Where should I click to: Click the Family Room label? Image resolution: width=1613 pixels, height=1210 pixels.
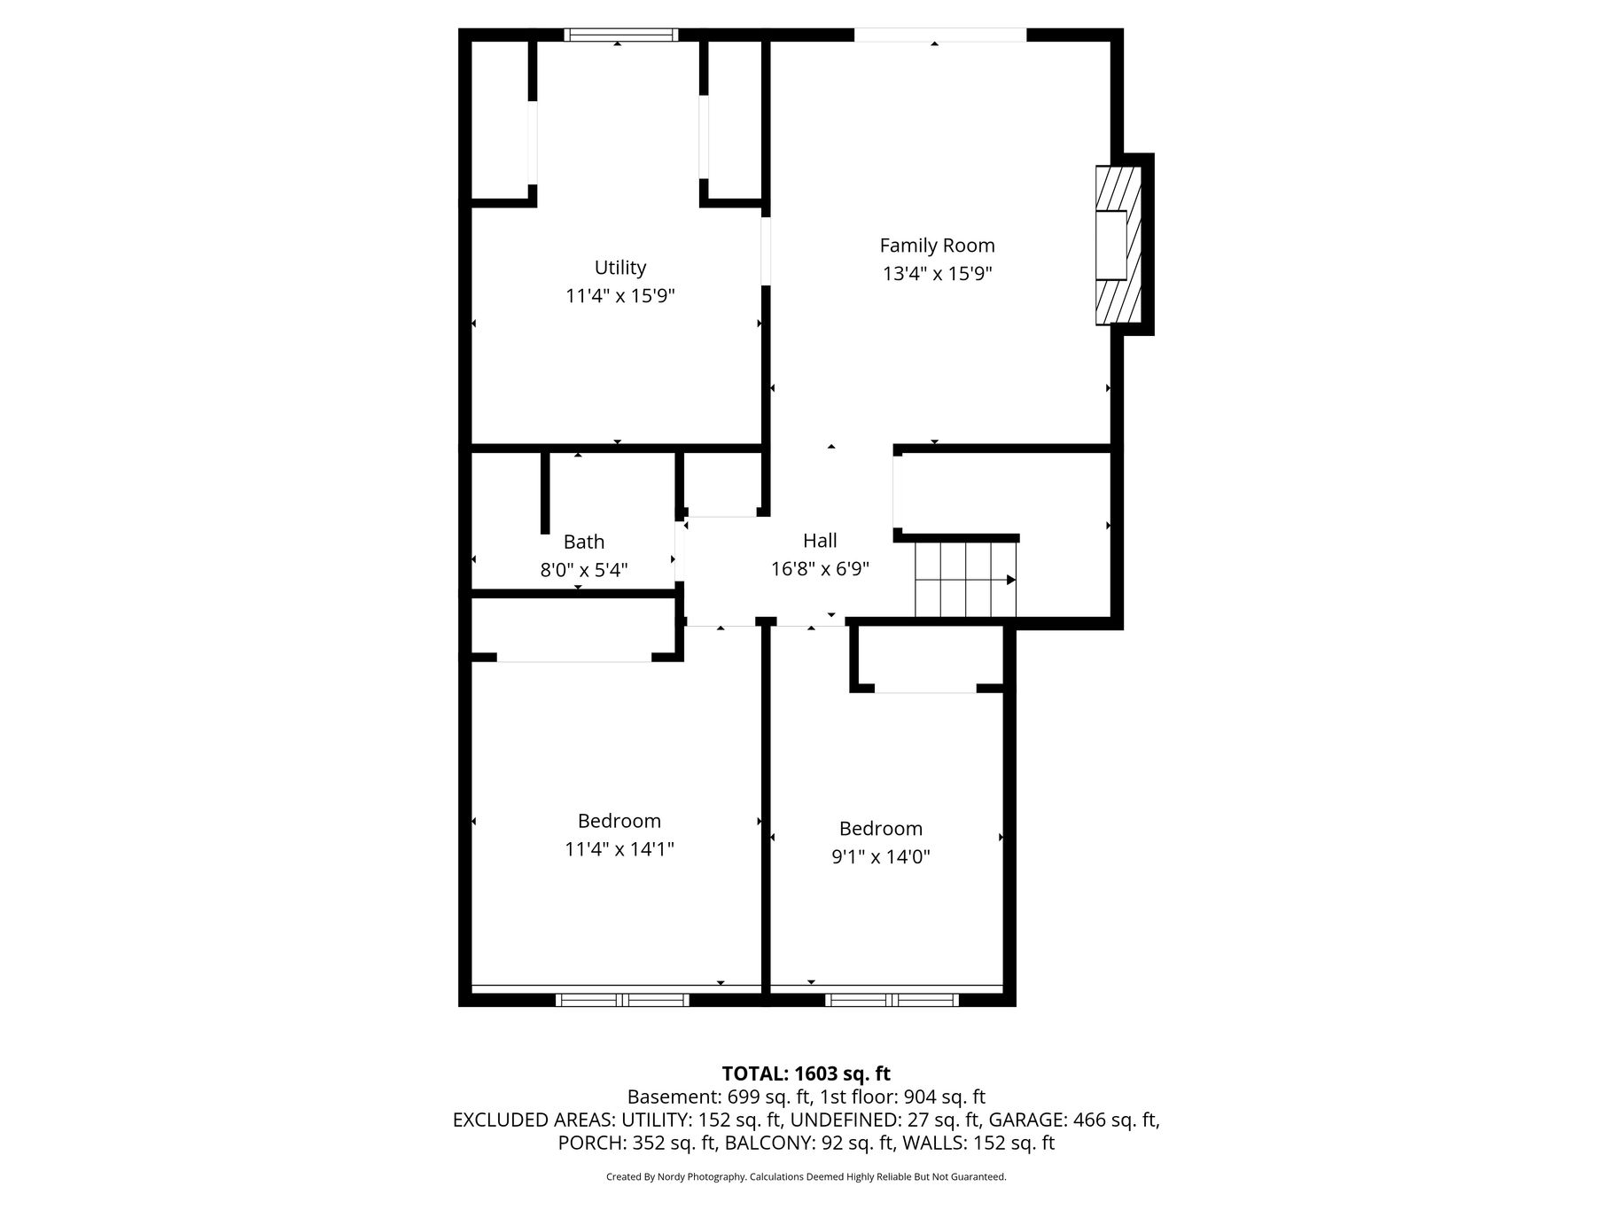point(937,246)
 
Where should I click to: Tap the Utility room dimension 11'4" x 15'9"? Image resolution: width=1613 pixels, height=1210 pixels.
point(620,296)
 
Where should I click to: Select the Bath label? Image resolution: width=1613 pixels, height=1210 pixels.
point(584,542)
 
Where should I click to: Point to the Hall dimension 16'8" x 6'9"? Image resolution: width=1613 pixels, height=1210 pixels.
point(820,569)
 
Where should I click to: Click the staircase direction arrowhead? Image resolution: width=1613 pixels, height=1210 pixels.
point(1011,580)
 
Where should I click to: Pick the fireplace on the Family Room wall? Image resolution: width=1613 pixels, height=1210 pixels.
point(1118,246)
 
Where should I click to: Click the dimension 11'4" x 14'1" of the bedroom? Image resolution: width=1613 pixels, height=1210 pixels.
point(619,849)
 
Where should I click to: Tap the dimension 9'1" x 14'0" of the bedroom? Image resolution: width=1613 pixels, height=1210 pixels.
point(881,856)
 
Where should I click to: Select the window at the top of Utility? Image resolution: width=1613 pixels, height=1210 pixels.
point(621,35)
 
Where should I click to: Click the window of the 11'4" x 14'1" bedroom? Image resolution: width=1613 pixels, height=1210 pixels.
point(622,1000)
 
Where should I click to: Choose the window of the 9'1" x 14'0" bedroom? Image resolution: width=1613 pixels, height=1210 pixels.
point(892,1000)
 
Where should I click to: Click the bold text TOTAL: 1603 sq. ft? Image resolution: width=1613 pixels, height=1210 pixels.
point(806,1073)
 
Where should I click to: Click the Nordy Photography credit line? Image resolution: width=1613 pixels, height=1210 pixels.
point(806,1177)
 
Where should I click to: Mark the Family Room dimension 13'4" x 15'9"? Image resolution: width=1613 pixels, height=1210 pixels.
point(937,274)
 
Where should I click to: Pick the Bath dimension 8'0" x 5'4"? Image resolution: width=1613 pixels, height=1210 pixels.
point(584,570)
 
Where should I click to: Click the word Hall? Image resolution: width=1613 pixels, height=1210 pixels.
point(820,541)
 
